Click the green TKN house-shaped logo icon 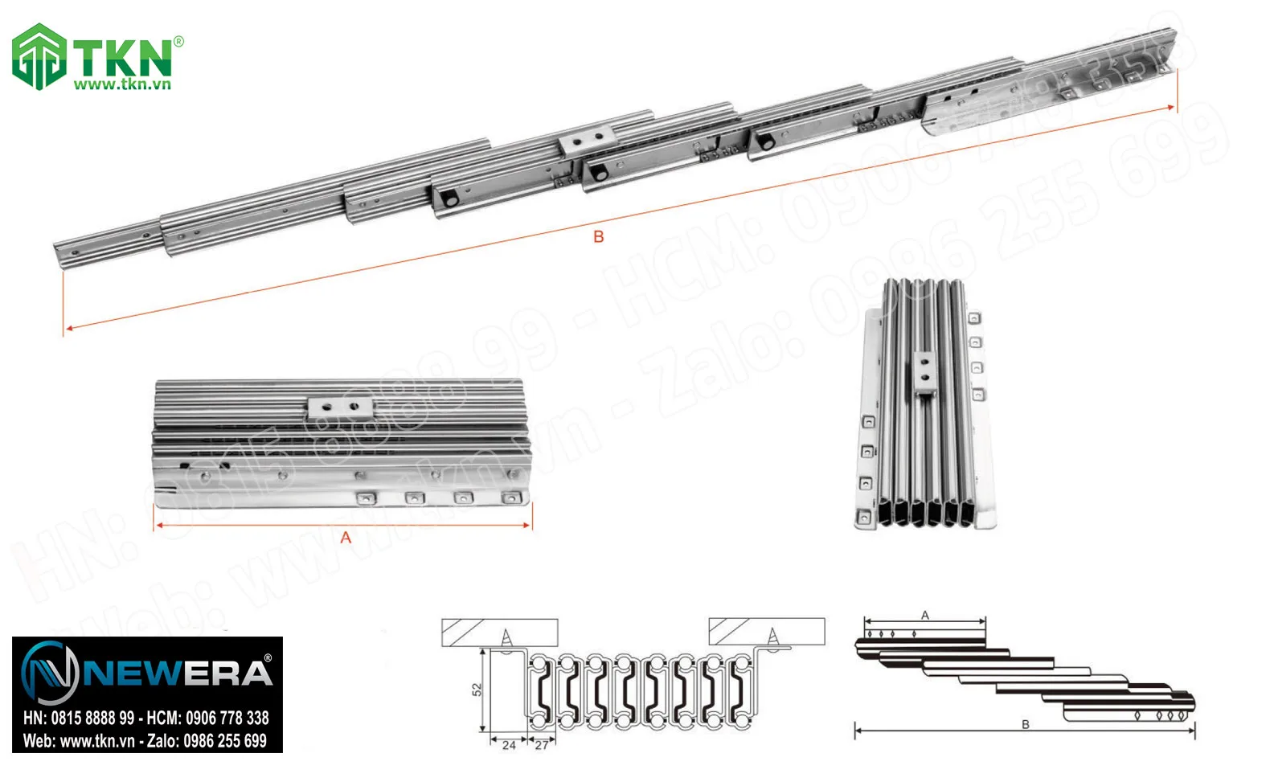coord(39,55)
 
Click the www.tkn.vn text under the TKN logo coord(122,84)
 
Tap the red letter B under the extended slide coord(598,236)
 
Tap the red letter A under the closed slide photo coord(346,537)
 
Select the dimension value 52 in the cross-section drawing coord(477,690)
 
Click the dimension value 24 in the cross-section coord(509,745)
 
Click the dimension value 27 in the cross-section coord(542,745)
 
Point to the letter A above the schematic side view coord(924,615)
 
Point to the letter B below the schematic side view coord(1025,724)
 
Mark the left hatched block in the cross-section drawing coord(499,633)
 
